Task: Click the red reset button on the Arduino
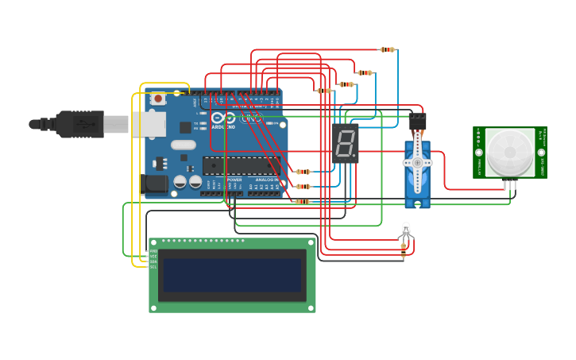pos(158,99)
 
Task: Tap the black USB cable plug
pos(75,124)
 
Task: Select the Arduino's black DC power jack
pos(155,184)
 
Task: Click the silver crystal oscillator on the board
pos(183,145)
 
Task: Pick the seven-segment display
pos(346,143)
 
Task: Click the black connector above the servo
pos(417,122)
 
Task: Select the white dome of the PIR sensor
pos(510,153)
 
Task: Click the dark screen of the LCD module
pos(232,275)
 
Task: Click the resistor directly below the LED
pos(404,251)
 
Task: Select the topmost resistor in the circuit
pos(387,49)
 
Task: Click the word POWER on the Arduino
pos(234,180)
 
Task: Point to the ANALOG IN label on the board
pos(267,180)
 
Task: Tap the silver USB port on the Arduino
pos(149,124)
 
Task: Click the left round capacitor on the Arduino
pos(180,182)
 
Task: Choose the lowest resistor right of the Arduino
pos(303,202)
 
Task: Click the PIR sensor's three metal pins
pos(510,184)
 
